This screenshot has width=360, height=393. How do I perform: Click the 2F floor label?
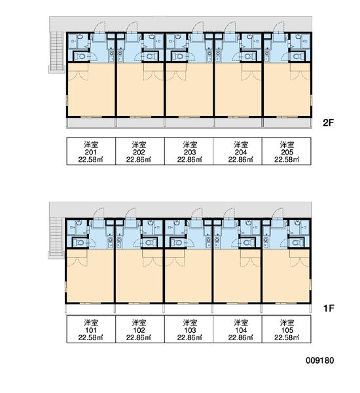[x=329, y=123]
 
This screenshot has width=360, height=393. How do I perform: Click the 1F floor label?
[x=329, y=309]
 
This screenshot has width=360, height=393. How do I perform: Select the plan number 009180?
[x=320, y=360]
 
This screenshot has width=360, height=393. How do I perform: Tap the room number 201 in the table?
[x=91, y=152]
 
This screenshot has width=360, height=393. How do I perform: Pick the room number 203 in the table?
[x=190, y=152]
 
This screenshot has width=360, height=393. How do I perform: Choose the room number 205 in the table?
[x=287, y=152]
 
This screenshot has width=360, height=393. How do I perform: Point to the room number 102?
[x=139, y=330]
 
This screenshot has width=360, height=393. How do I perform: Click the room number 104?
[x=241, y=330]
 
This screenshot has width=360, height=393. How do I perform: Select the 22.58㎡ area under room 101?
[x=91, y=337]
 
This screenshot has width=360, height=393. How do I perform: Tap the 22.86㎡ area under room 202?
[x=139, y=159]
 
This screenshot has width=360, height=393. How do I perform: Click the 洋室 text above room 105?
[x=287, y=322]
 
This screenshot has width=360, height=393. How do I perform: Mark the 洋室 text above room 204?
[x=241, y=145]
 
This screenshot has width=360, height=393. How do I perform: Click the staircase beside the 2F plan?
[x=56, y=52]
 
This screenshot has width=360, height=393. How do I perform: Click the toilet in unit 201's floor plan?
[x=81, y=56]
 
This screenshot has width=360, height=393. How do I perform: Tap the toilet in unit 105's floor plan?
[x=297, y=242]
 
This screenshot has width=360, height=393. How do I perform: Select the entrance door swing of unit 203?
[x=198, y=28]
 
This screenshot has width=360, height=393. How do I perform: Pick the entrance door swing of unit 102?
[x=131, y=214]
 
